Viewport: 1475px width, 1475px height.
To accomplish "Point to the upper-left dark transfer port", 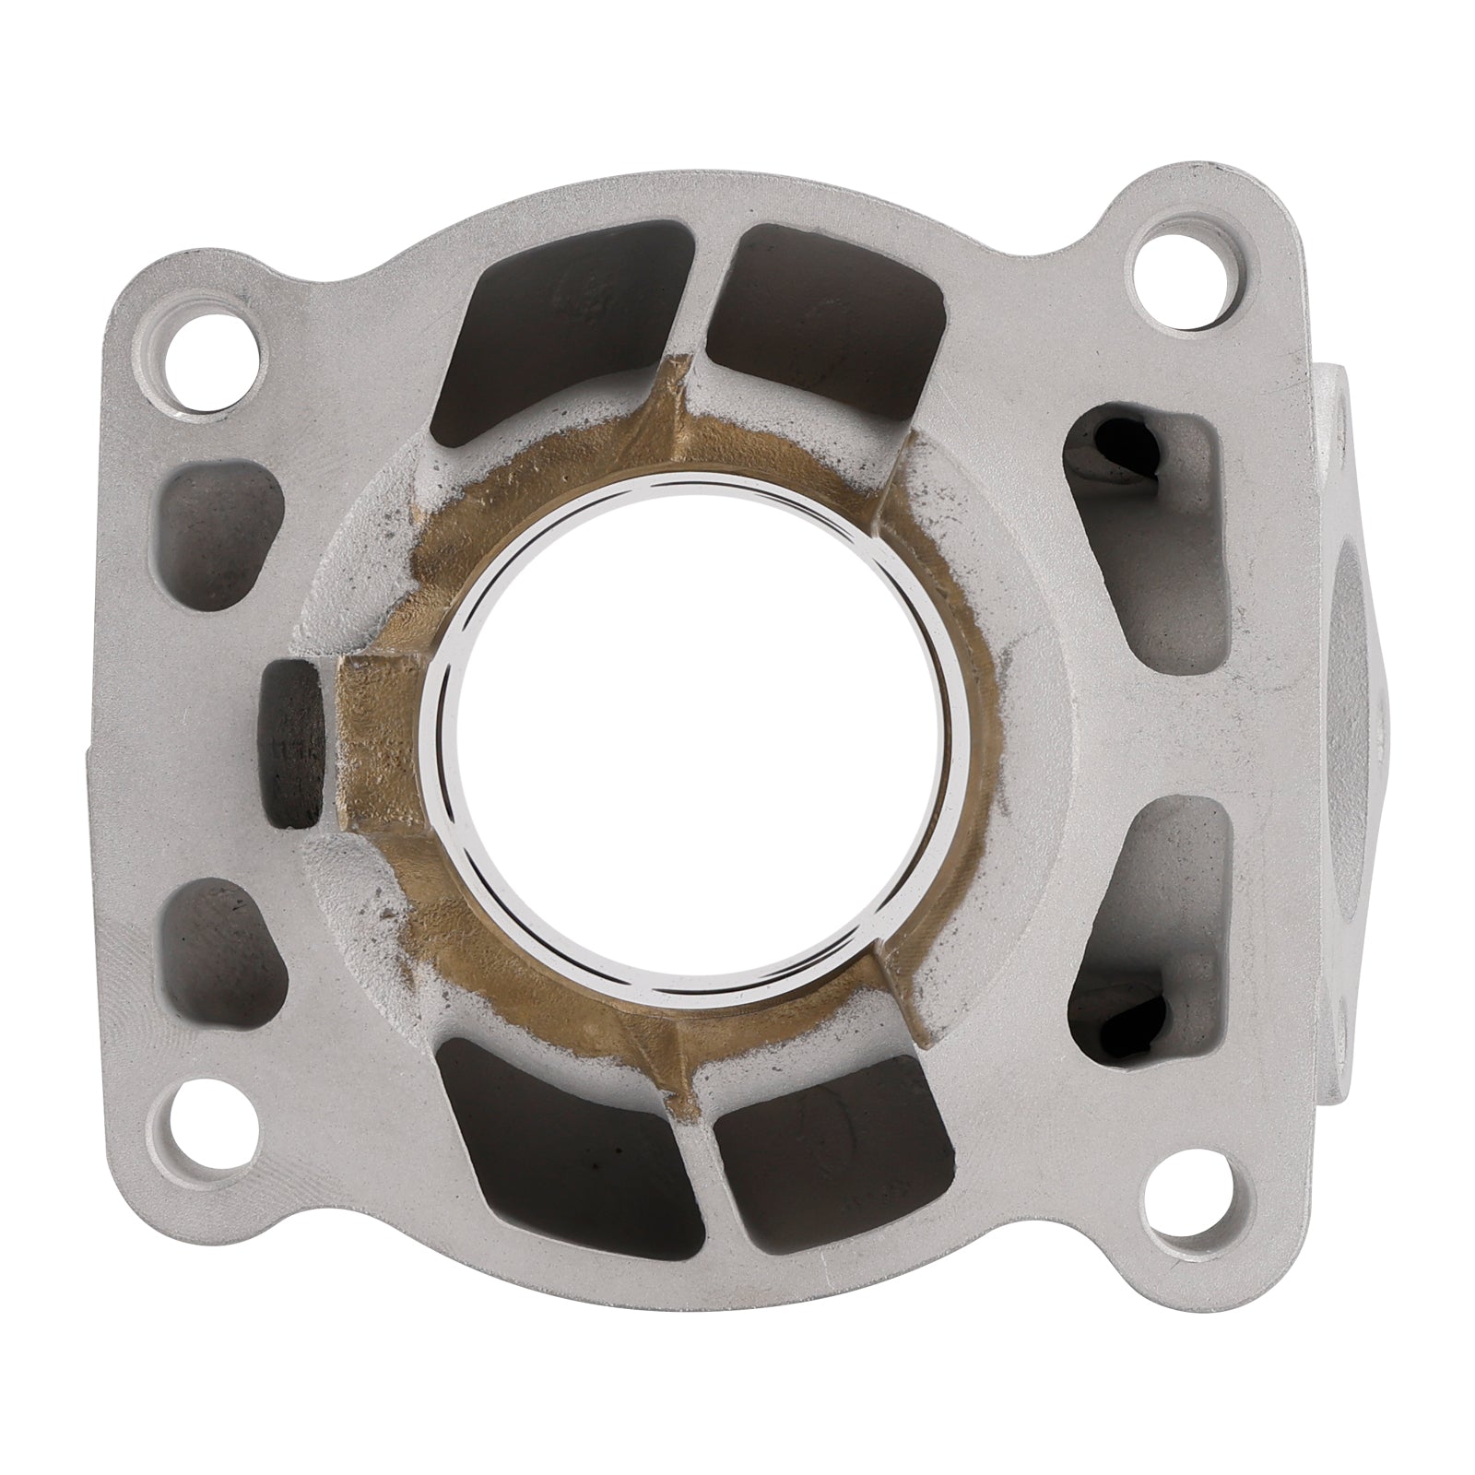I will (x=562, y=332).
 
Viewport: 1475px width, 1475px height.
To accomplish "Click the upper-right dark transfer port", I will (x=825, y=318).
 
